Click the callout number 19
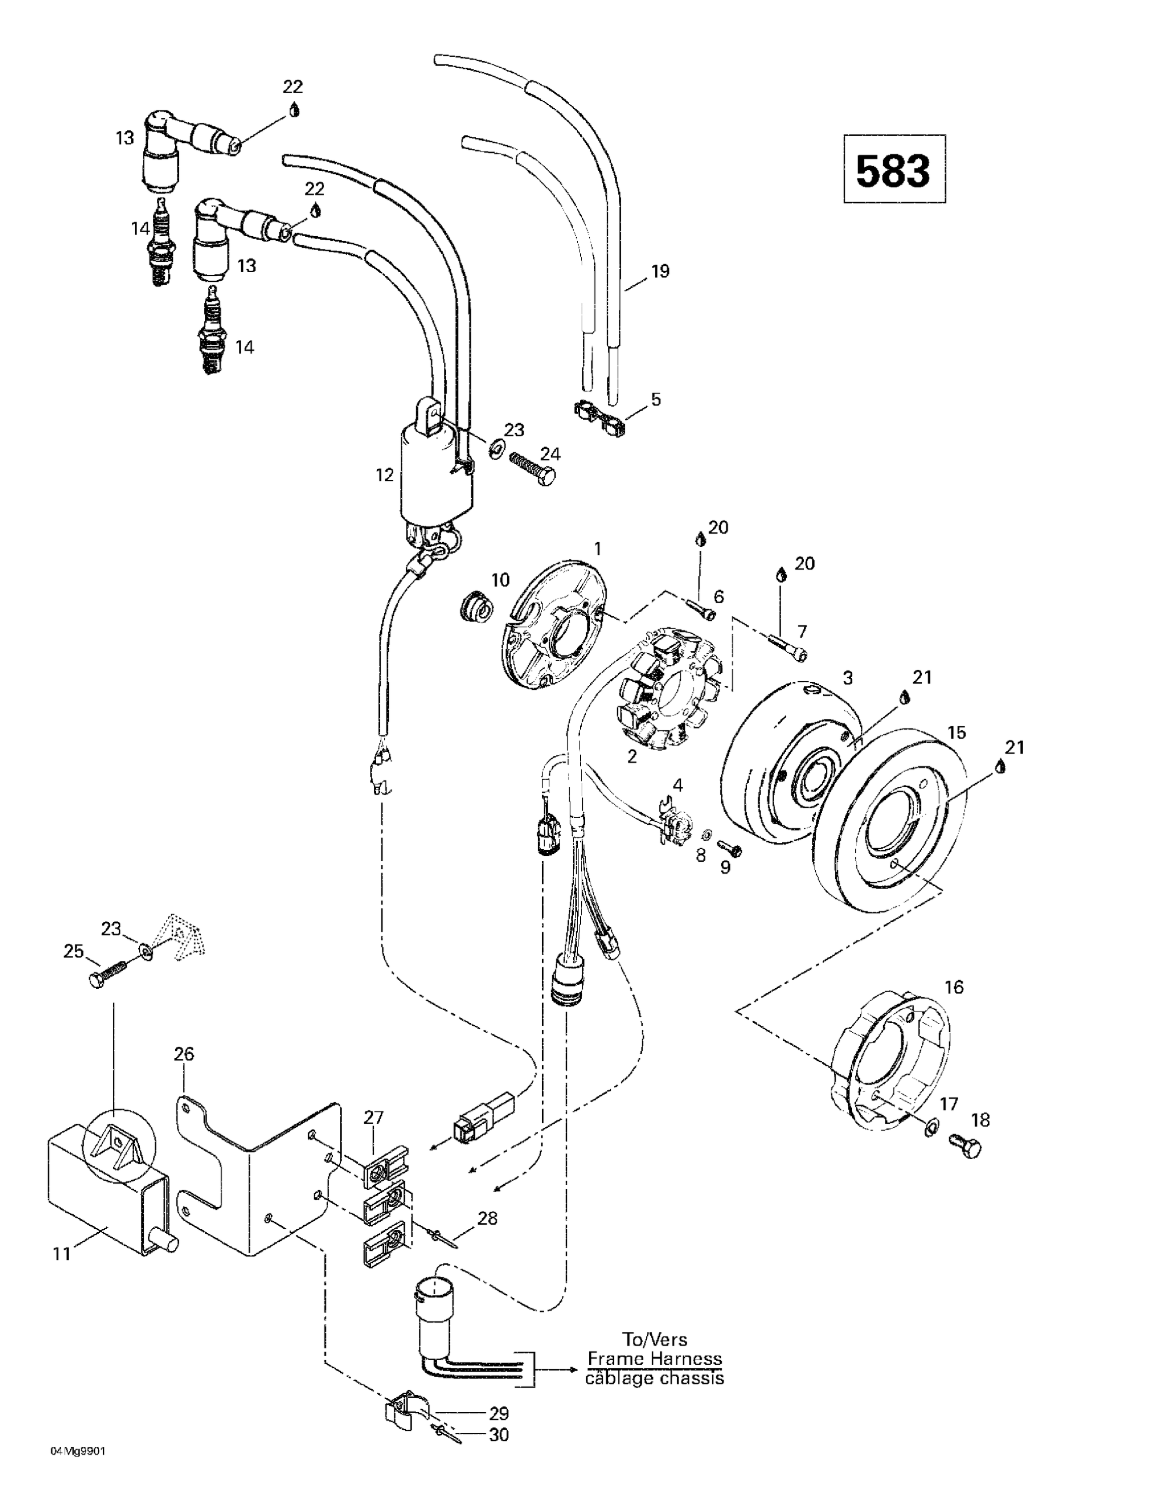(x=659, y=271)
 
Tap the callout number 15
(x=956, y=732)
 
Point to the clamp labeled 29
(x=406, y=1408)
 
